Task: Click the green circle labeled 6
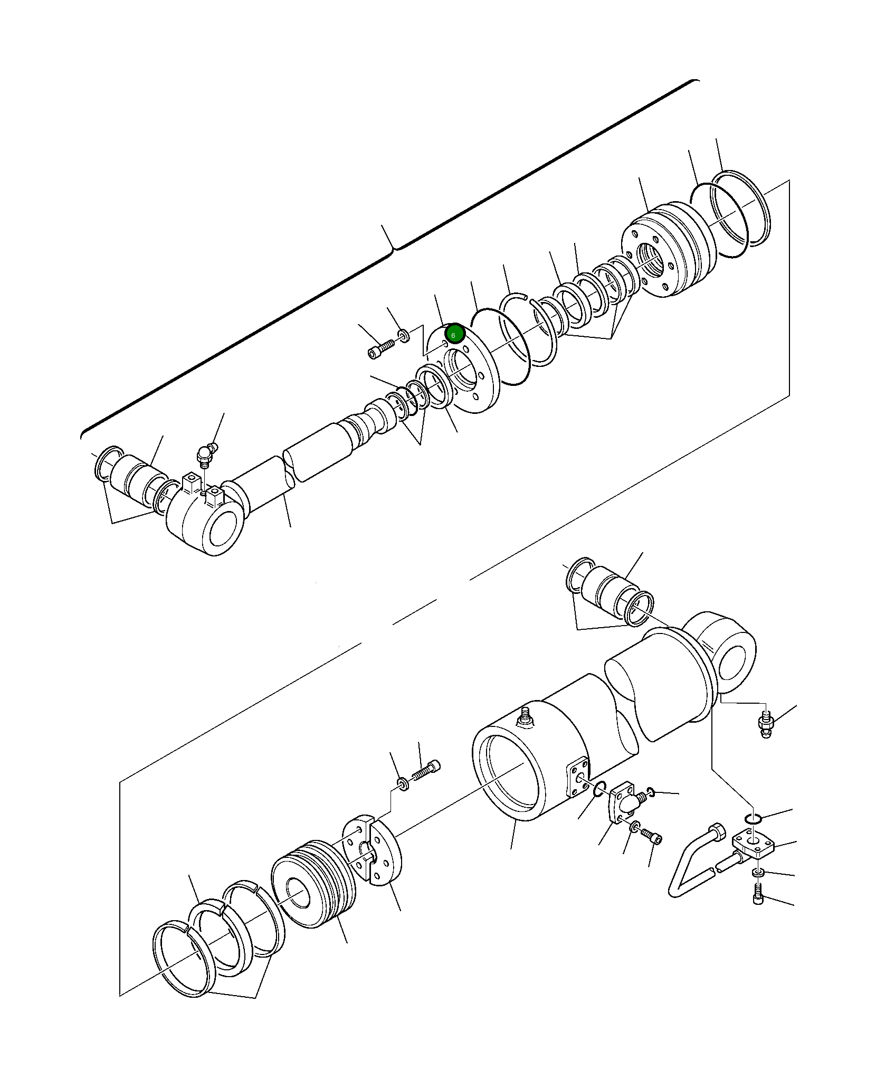(x=454, y=334)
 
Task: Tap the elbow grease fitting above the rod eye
(x=205, y=455)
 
